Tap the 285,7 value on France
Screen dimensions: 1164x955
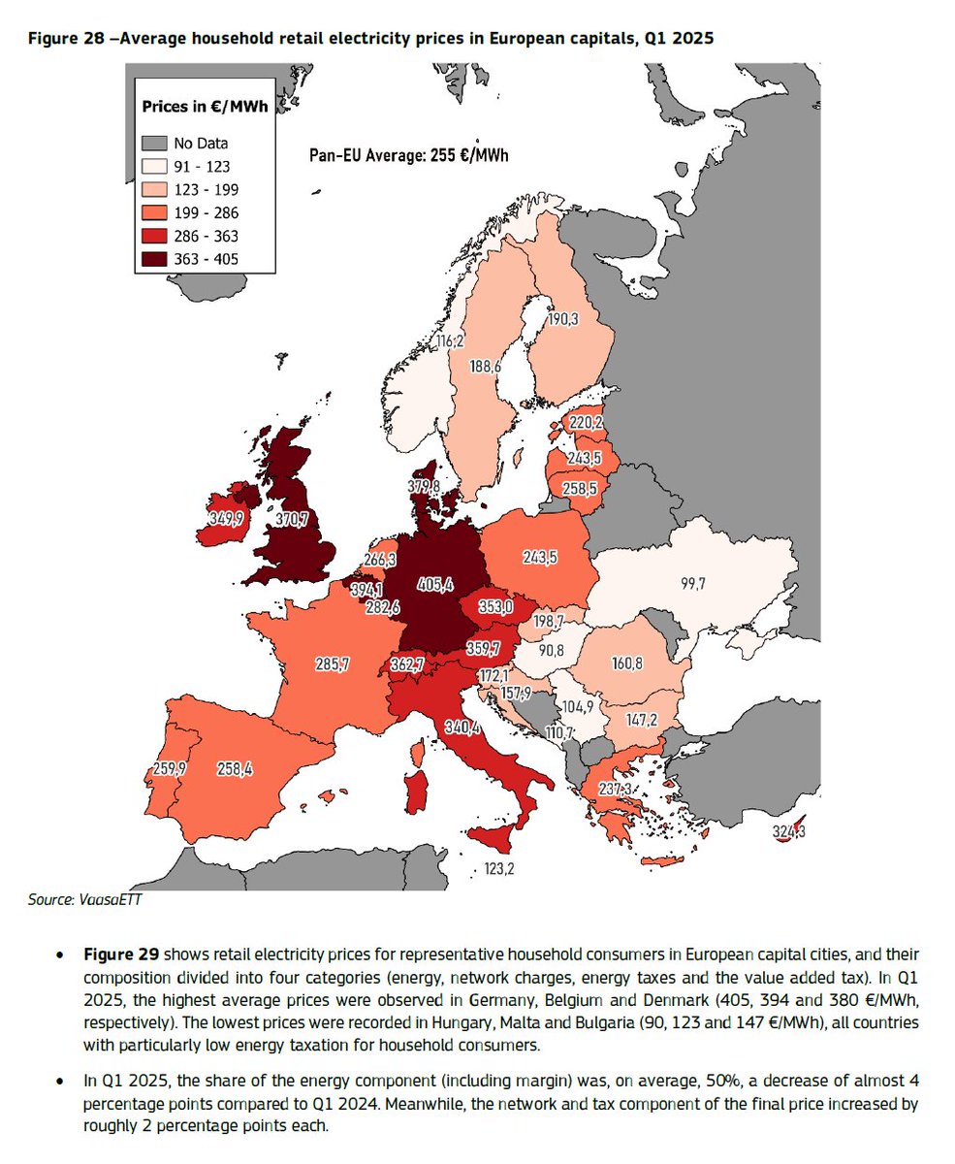click(331, 666)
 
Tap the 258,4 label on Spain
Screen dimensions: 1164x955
click(235, 769)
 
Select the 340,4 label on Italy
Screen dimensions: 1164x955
click(462, 727)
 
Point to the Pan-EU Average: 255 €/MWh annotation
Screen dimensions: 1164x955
click(407, 153)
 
